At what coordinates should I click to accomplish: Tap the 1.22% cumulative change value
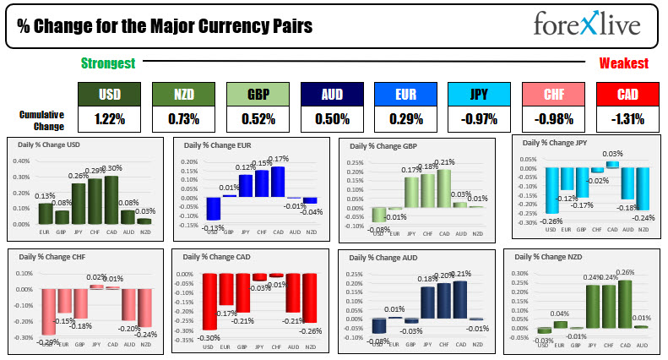click(109, 119)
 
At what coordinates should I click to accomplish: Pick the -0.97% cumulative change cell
click(479, 119)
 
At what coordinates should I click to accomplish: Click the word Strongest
click(108, 63)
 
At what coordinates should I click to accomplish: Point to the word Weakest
click(624, 63)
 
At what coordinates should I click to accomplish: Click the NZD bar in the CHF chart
click(145, 308)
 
